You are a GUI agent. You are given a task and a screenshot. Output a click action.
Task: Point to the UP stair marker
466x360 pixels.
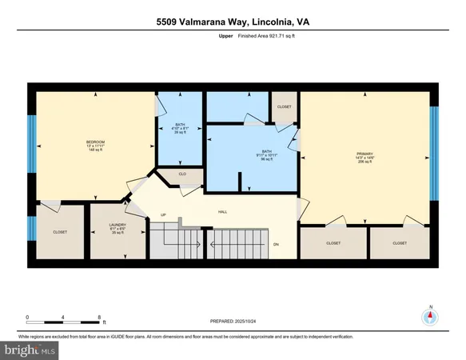[x=164, y=214]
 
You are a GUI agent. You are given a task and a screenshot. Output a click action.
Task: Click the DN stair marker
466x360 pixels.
[x=277, y=245]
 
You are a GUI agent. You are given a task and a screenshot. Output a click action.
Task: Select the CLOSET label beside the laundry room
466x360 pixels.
[x=60, y=232]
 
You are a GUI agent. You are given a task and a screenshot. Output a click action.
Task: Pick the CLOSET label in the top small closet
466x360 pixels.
[x=285, y=106]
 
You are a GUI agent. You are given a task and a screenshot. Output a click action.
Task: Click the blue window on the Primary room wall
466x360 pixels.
[x=435, y=155]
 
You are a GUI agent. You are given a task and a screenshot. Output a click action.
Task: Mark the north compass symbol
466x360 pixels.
[x=430, y=316]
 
